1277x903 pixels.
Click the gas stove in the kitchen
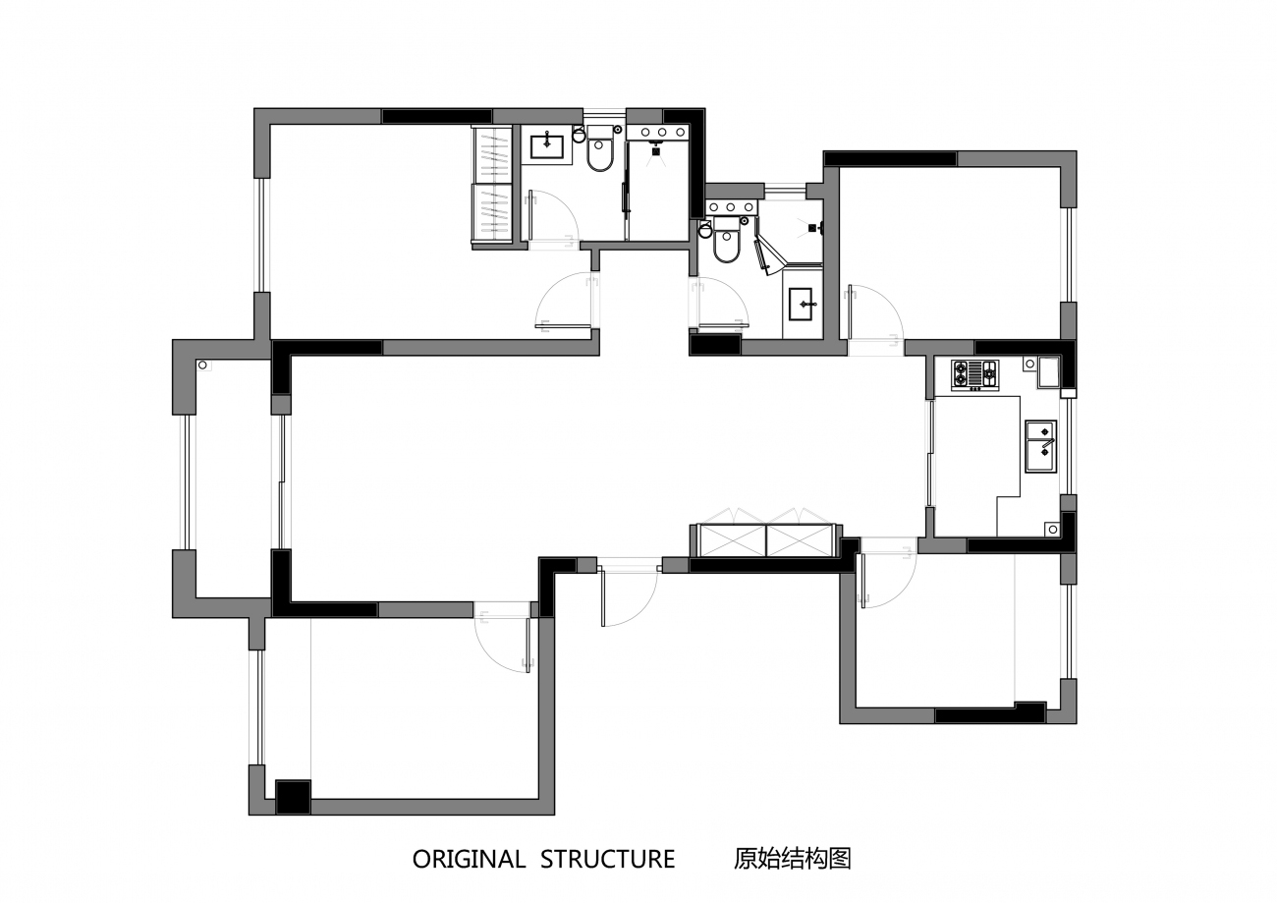974,375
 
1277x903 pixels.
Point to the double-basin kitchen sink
1041,446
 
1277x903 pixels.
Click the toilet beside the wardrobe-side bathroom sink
599,152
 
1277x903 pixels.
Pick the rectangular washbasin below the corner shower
803,304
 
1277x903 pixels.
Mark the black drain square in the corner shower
812,228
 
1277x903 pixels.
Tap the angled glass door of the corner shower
766,256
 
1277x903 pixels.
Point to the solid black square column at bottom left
293,797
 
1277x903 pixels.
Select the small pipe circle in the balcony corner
201,366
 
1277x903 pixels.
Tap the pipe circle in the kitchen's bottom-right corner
1053,530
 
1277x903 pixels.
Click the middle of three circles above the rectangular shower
662,133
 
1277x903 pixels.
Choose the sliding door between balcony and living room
281,482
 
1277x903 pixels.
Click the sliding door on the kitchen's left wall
930,453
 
